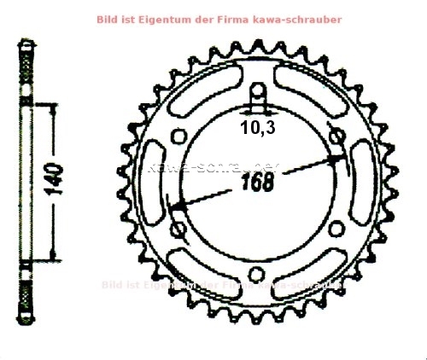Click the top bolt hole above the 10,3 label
pyautogui.click(x=255, y=94)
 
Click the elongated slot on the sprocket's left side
pyautogui.click(x=155, y=181)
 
